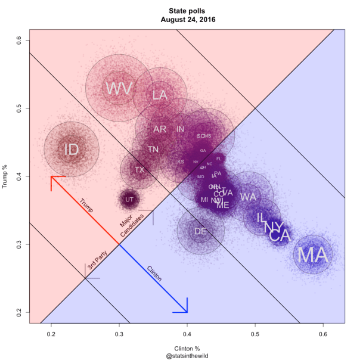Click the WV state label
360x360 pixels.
119,89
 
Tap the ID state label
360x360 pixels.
71,150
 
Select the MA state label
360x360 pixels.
313,255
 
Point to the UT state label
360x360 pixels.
129,200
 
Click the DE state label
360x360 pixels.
200,231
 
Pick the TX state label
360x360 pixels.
139,170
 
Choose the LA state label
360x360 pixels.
159,95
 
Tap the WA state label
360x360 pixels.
249,197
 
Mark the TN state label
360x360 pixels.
153,149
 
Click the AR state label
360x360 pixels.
160,129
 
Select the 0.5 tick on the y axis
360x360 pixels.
19,108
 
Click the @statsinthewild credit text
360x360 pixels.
187,356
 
